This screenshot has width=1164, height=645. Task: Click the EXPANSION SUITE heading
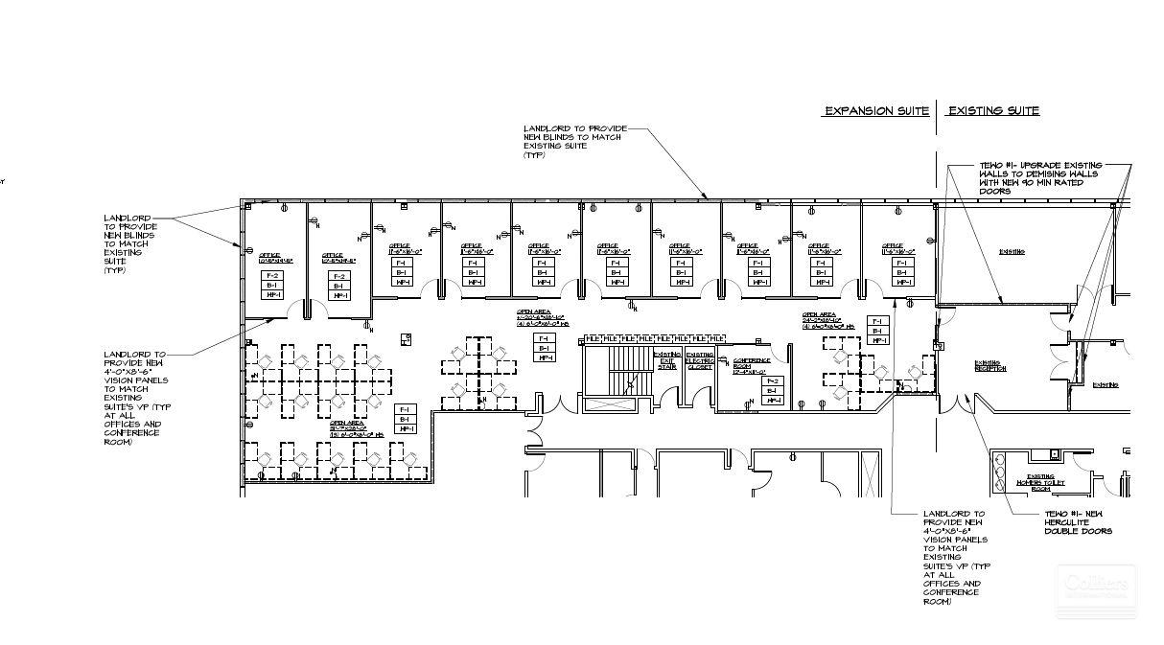(x=876, y=111)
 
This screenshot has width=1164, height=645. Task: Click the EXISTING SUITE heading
(x=993, y=111)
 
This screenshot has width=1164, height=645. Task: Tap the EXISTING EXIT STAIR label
(x=667, y=359)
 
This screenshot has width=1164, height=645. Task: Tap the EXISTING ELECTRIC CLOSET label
(x=700, y=360)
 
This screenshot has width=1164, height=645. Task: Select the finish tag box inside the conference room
(x=772, y=390)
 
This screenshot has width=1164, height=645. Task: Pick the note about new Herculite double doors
(x=1078, y=522)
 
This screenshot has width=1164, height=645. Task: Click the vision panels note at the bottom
(x=955, y=557)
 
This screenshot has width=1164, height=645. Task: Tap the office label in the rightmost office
(x=898, y=248)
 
